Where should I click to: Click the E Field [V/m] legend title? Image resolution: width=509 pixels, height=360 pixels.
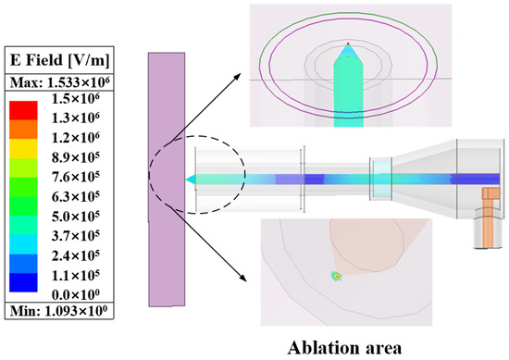coord(59,60)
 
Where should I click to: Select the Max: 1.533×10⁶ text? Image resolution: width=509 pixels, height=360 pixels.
coord(59,82)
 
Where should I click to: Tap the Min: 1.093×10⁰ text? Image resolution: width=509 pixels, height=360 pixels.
coord(58,311)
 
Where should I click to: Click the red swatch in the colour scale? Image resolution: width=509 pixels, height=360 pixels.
coord(23,111)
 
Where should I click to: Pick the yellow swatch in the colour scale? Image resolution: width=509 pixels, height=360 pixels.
coord(23,149)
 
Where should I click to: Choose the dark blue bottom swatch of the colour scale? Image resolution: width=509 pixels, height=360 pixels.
coord(23,282)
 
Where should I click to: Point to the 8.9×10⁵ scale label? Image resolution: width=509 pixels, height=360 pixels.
coord(76,157)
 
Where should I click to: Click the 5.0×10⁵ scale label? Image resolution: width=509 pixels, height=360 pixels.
coord(76,217)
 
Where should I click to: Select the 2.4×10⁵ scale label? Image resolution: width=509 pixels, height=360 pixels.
coord(76,255)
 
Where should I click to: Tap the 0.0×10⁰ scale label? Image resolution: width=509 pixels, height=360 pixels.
coord(76,294)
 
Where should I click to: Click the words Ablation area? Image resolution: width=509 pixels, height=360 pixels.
coord(344,348)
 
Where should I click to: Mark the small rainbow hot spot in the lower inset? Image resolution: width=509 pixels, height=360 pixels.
coord(337,277)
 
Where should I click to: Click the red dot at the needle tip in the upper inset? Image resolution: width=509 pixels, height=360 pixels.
coord(348,43)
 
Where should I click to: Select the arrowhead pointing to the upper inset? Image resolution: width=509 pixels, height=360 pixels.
coord(237,76)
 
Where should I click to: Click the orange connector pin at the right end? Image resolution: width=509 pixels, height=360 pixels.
coord(489,217)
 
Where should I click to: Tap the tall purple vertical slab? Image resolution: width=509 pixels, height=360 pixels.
coord(167,180)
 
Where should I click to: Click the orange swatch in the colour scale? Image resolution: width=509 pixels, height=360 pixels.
coord(23,130)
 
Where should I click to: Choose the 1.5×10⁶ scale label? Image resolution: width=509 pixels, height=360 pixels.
coord(76,99)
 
